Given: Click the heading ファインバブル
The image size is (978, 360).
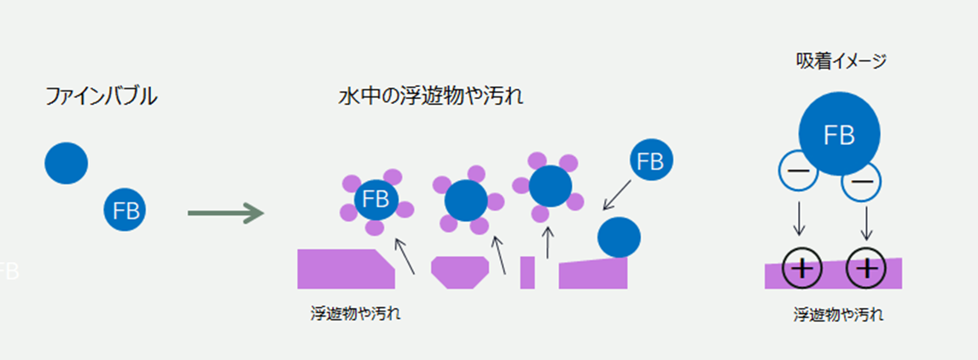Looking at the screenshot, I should coord(101,97).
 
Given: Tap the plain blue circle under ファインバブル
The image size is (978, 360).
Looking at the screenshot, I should coord(67,163).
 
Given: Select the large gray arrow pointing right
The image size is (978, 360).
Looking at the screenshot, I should coord(225,212).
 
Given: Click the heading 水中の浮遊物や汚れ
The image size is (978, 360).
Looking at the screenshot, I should coord(430,97).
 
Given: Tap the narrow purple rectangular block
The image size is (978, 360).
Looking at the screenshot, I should coord(527,272).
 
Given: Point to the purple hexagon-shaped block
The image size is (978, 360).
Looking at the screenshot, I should coord(460,272).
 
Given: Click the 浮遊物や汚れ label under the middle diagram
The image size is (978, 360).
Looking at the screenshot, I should coord(356,313).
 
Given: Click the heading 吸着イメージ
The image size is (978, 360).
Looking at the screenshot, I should coord(840,61).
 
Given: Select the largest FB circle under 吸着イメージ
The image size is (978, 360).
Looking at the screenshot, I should coord(839,134).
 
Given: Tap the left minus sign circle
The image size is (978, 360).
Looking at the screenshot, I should coord(798,173).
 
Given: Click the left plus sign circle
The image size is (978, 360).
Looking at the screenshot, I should coord(802,269).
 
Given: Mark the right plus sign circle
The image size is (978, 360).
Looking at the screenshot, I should coord(866,269).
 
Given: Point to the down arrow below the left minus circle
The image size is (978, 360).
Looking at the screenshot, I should coord(799,218).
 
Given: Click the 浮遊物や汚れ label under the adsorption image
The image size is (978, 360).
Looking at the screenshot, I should coord(838,315).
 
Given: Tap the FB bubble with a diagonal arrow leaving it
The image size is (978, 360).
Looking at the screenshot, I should coord(650,161).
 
